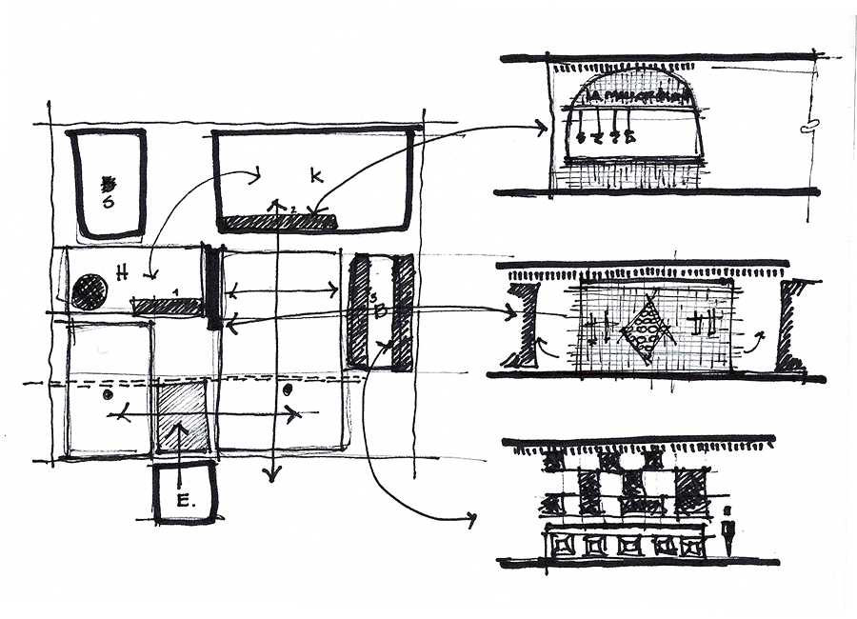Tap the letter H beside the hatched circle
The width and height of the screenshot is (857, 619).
122,271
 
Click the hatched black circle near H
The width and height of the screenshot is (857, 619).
89,291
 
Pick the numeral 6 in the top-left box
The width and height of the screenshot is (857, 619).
108,201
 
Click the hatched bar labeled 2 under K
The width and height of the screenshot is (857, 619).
277,222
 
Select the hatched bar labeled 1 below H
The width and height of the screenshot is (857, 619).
168,307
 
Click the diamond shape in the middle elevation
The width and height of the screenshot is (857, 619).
647,329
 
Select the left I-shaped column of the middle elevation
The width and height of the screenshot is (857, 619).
523,324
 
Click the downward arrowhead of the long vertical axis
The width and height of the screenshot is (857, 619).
274,474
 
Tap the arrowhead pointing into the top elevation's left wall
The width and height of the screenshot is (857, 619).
544,126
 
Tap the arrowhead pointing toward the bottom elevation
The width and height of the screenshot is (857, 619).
469,519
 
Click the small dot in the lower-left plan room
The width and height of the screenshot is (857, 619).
108,393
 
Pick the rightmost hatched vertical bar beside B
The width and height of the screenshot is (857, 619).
403,312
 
